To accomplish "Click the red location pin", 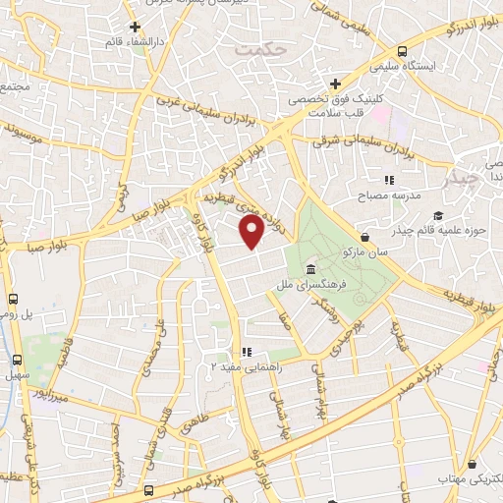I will pos(252,233).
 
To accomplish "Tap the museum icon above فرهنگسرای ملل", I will pos(310,269).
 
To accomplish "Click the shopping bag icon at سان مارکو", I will pos(365,237).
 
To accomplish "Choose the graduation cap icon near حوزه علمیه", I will pos(437,215).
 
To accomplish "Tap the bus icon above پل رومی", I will pos(15,299).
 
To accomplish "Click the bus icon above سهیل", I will pos(15,361).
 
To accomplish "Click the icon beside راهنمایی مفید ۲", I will pos(248,351).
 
